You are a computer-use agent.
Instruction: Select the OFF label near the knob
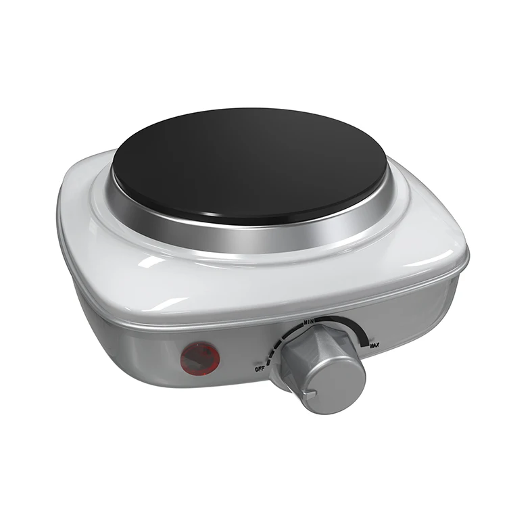coord(260,369)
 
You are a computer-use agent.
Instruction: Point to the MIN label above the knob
coord(312,318)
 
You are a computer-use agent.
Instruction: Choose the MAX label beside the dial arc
coord(374,345)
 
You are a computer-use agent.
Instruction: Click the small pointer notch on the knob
coord(312,391)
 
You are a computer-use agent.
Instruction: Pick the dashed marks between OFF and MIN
coord(274,345)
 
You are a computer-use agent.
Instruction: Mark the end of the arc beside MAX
coord(368,335)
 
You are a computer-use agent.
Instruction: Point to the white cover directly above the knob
coord(311,291)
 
